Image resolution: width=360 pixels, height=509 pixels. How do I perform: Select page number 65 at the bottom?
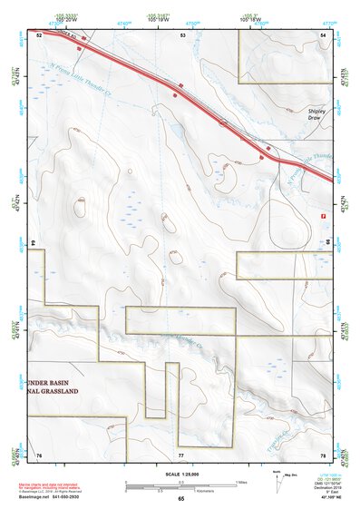pyautogui.click(x=180, y=499)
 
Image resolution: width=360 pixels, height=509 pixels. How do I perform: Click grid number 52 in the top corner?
pyautogui.click(x=40, y=34)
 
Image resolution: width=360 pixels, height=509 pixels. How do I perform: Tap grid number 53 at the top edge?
pyautogui.click(x=183, y=34)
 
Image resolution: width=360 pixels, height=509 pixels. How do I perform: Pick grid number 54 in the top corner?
pyautogui.click(x=323, y=34)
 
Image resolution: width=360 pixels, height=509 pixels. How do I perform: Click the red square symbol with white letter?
pyautogui.click(x=323, y=215)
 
